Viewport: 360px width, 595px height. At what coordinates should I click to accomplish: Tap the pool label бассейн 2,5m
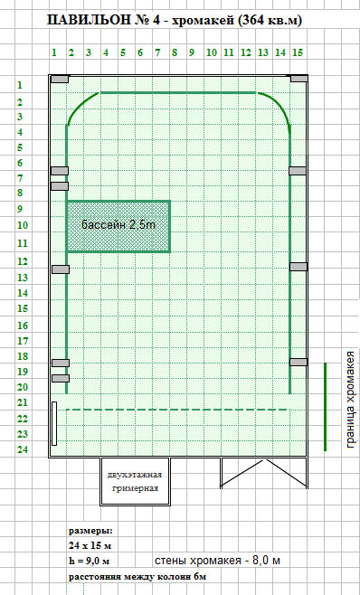coord(118,224)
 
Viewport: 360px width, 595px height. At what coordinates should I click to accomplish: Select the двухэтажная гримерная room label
coord(135,481)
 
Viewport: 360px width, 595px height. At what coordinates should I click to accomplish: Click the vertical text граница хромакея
coord(351,399)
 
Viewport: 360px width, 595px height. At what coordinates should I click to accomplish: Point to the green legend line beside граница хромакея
coord(325,407)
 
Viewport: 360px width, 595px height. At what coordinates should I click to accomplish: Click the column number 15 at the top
coord(298,52)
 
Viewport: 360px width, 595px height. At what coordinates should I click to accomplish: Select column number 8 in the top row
coord(175,52)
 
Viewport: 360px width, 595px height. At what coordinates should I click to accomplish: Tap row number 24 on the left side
coord(23,449)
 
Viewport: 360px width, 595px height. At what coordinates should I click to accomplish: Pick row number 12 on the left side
coord(23,261)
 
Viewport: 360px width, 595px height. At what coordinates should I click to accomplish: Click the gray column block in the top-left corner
coord(60,79)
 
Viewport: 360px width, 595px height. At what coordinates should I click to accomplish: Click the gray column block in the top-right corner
coord(299,78)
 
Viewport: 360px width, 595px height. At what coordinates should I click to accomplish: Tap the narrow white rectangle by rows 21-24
coord(54,423)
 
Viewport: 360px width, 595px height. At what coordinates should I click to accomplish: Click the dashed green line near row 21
coord(176,410)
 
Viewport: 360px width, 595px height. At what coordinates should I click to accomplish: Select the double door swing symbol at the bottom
coord(264,473)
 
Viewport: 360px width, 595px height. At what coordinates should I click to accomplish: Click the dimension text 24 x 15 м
coord(90,546)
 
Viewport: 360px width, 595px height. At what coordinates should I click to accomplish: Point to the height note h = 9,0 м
coord(89,561)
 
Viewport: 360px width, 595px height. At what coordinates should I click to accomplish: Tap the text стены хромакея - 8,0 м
coord(218,561)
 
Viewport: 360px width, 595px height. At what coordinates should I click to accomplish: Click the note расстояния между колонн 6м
coord(137,577)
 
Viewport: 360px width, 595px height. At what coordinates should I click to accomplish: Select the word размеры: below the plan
coord(90,530)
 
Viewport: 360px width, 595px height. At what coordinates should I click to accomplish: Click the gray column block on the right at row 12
coord(298,267)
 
